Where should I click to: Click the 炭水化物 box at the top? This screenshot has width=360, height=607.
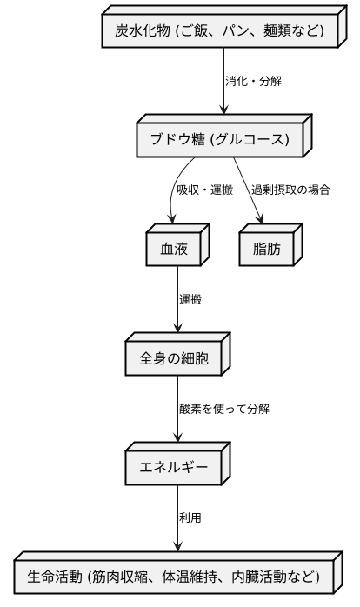[x=219, y=32]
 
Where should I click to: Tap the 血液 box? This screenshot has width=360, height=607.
[x=174, y=249]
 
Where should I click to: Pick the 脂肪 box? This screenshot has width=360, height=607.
[x=266, y=249]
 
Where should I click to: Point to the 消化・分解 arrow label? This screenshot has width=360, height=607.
[x=253, y=81]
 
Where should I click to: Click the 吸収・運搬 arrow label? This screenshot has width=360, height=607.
[x=205, y=190]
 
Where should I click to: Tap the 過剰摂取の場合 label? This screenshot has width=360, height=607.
[x=291, y=190]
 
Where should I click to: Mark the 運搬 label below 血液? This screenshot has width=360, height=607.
[x=191, y=299]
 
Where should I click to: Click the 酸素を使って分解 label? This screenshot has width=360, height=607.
[x=223, y=408]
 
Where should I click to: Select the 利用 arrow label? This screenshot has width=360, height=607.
[x=190, y=517]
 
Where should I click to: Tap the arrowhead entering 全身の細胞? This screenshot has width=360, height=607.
[x=178, y=332]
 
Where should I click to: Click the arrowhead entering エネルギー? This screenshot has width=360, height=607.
[x=178, y=442]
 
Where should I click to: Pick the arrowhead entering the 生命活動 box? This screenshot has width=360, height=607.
[x=178, y=550]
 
